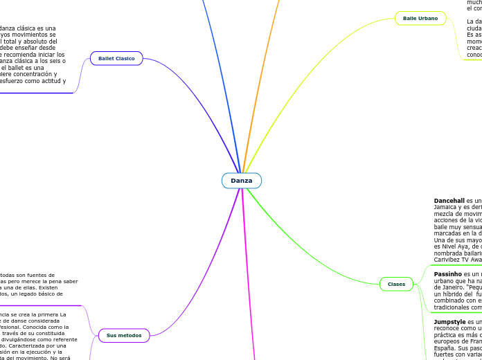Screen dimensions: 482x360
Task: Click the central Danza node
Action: pos(242,181)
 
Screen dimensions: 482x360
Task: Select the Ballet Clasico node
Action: pos(116,58)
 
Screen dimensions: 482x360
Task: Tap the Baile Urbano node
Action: pos(420,18)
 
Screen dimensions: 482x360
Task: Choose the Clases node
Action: pos(396,284)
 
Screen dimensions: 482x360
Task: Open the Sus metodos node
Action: pos(124,335)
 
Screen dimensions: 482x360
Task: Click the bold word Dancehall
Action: pos(452,201)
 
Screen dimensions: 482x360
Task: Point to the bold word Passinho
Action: pos(449,274)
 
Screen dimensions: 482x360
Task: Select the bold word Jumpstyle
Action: pos(450,322)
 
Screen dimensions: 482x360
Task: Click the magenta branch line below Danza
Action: pos(246,277)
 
